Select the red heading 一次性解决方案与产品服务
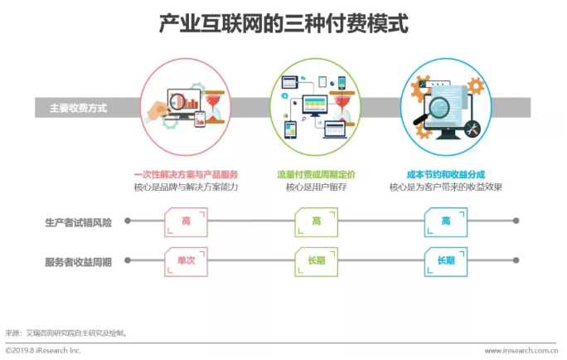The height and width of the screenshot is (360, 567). pos(186,174)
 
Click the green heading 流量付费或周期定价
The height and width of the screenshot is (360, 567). pos(316,174)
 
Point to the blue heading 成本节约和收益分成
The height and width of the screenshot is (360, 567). pos(446,174)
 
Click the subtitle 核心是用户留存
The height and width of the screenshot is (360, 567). pos(316,187)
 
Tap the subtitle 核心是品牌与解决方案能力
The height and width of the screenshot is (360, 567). pos(186,187)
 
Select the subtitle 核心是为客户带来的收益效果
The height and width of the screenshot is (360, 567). pos(446,187)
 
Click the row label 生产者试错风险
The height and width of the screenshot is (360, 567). pos(78,221)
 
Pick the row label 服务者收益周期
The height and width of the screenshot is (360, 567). pos(78,261)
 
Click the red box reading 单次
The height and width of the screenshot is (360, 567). pos(186,260)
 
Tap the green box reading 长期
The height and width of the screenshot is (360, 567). pos(316,260)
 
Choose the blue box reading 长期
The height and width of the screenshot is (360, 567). pos(446,260)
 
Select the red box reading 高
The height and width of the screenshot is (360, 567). pos(186,221)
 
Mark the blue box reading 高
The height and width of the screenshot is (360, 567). pos(446,221)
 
